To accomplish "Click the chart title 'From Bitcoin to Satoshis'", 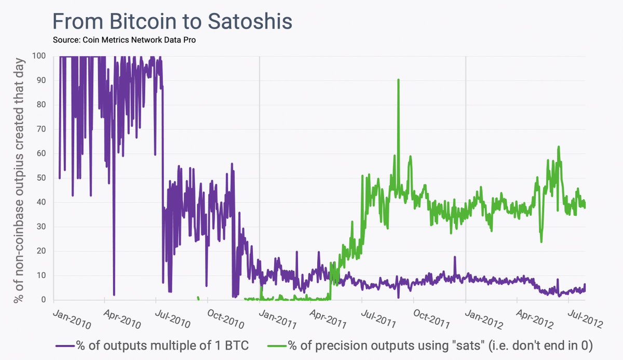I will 172,22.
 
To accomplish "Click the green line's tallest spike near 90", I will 398,80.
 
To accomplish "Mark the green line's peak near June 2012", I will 559,147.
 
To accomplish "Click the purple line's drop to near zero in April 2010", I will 114,294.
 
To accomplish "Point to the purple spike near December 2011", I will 454,257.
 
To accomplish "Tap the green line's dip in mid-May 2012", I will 541,241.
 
